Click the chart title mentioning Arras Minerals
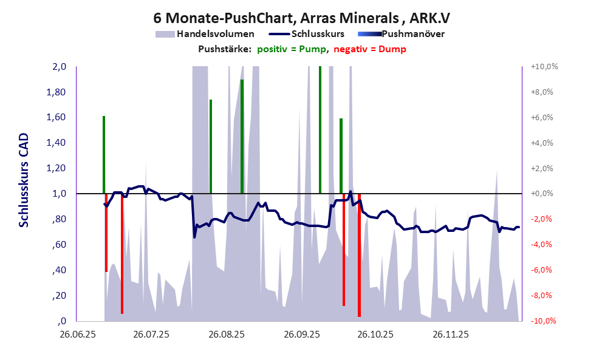(x=301, y=16)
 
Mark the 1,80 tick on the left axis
(x=57, y=92)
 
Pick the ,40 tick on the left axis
(x=60, y=271)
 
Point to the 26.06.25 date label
(x=77, y=334)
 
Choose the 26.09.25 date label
(x=301, y=334)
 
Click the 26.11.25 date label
(x=450, y=334)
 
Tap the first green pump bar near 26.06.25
(x=104, y=154)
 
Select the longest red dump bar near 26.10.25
(x=359, y=255)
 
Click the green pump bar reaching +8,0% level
(x=242, y=136)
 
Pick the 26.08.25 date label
(x=227, y=334)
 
